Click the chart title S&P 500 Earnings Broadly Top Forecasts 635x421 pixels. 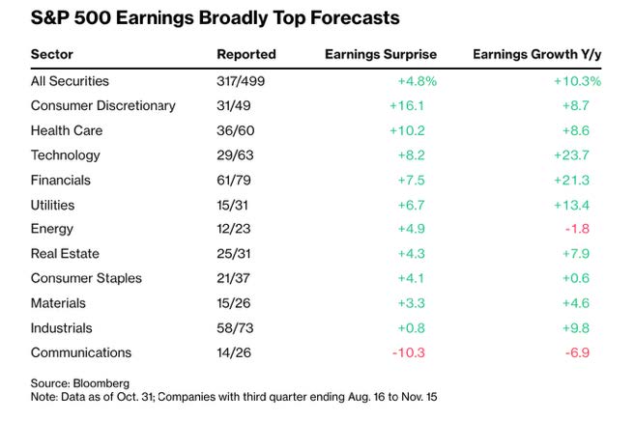coord(201,18)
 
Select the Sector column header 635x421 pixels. coord(52,54)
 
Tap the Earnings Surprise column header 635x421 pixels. coord(380,54)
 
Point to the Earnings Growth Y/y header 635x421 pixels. coord(536,54)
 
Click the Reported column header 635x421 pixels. coord(246,54)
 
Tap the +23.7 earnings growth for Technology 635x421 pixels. coord(583,154)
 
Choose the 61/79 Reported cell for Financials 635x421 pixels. coord(237,180)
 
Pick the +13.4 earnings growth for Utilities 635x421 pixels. coord(583,204)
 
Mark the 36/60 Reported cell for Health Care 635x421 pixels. coord(237,130)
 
